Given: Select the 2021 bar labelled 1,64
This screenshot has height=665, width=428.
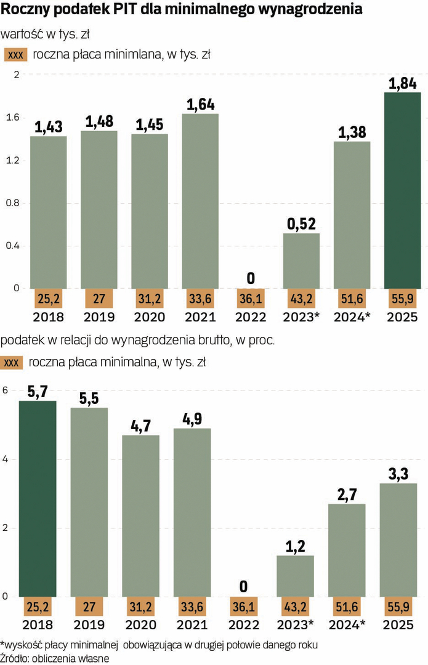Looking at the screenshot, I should coord(200,201).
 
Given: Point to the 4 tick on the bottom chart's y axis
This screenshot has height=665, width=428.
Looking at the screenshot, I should coord(6,459).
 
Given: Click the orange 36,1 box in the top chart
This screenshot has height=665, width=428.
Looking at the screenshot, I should coord(251,298).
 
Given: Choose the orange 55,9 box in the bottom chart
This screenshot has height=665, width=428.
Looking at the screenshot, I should coord(397,607).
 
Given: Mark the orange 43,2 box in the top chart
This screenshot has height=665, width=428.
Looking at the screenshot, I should coord(301,298).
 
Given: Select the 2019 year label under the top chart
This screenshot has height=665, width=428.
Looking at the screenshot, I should coord(99,317).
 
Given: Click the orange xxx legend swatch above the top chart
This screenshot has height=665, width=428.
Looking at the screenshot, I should coord(15,55).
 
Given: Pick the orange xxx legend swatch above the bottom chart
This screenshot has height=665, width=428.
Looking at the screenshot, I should coord(11,363).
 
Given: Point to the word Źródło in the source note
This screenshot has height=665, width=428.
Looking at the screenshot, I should coord(14,658).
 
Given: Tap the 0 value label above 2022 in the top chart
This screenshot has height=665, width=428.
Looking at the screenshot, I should coord(251,278).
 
